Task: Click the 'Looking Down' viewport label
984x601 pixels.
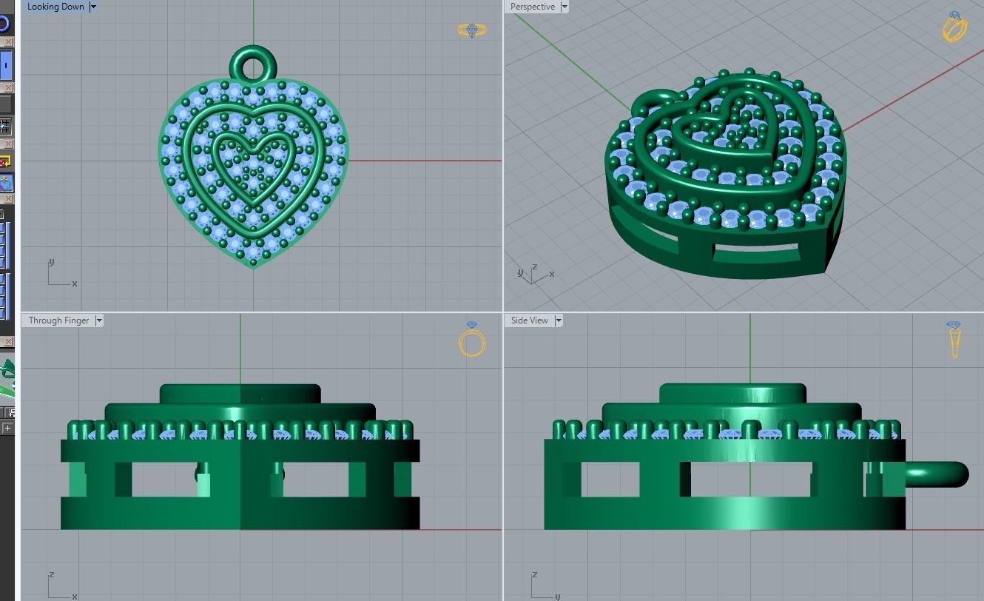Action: coord(55,7)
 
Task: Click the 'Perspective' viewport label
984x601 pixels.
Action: coord(532,7)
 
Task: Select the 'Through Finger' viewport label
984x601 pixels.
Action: coord(58,320)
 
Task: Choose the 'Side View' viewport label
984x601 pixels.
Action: coord(530,320)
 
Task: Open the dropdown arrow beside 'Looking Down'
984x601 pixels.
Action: coord(92,7)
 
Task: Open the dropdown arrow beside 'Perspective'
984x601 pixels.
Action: coord(565,7)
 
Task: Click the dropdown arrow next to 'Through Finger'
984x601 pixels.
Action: coord(99,320)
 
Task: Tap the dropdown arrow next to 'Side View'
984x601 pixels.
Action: coord(559,320)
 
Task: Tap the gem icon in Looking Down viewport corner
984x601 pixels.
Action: coord(471,30)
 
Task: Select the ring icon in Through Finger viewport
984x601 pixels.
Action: coord(472,340)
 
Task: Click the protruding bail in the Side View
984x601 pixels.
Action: coord(938,474)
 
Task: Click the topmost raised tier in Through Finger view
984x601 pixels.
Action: coord(240,393)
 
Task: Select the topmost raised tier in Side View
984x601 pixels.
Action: coord(732,393)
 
